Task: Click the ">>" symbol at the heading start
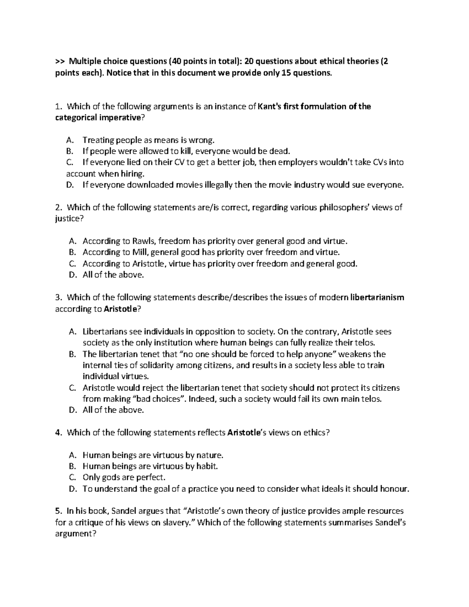click(x=59, y=61)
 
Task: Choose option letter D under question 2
click(x=72, y=275)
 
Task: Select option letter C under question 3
click(x=72, y=388)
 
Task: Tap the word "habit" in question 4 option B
click(x=206, y=466)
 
